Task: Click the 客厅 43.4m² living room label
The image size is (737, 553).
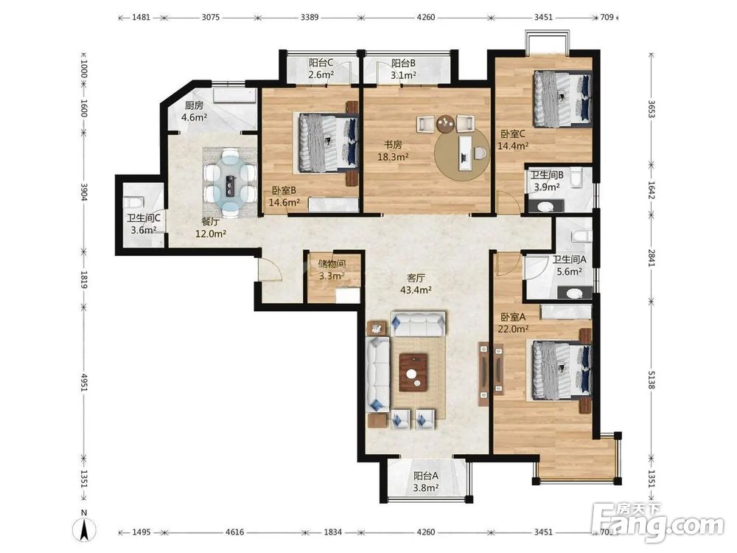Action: pos(416,284)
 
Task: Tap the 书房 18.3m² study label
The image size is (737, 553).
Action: pos(393,151)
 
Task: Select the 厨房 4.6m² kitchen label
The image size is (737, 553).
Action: pos(194,111)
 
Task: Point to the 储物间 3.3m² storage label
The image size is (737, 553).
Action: pos(332,270)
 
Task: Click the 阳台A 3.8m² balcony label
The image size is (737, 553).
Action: pos(426,482)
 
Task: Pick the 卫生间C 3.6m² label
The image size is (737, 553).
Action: pos(144,224)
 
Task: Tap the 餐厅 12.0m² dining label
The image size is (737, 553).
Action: pos(211,227)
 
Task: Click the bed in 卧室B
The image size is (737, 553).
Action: pos(328,143)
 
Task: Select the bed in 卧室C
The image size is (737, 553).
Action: pos(562,99)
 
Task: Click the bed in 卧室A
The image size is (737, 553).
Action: pos(562,371)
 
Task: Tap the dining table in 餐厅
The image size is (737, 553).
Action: pos(230,182)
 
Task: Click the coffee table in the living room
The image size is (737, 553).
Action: pos(413,372)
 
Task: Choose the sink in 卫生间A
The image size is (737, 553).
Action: pos(574,293)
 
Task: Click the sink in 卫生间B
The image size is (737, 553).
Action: pos(545,206)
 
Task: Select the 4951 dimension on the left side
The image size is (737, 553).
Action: pos(85,382)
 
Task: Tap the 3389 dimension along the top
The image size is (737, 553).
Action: pos(310,18)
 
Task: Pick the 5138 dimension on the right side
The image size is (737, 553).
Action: pos(651,380)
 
